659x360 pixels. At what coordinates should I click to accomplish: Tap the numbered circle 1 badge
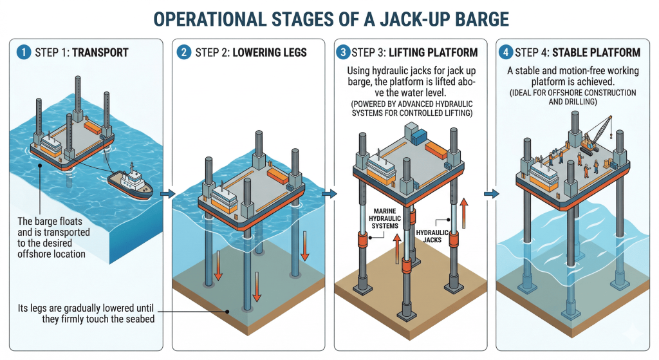pos(24,52)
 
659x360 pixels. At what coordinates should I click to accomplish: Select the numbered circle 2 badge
pos(185,52)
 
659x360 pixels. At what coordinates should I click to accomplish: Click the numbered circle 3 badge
pos(345,52)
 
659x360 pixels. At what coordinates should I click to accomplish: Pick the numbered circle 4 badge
pos(506,52)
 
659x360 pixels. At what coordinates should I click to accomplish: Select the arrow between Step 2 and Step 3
pos(329,193)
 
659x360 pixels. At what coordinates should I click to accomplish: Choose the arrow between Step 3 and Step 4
pos(492,193)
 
